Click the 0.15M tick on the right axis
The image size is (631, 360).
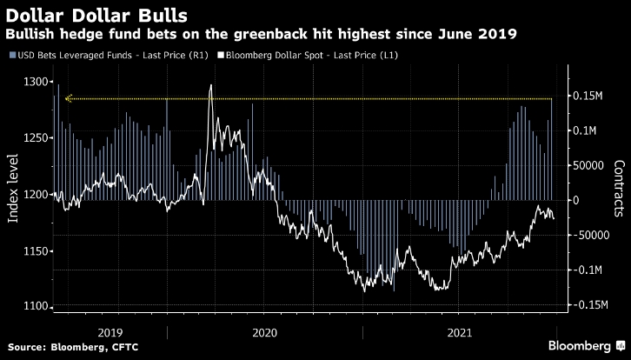pyautogui.click(x=593, y=95)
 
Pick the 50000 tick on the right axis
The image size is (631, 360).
pyautogui.click(x=591, y=165)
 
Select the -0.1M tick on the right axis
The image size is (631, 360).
pyautogui.click(x=592, y=270)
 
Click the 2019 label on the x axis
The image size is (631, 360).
pyautogui.click(x=110, y=332)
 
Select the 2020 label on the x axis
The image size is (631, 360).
pyautogui.click(x=264, y=332)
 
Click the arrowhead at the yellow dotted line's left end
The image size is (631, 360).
pyautogui.click(x=70, y=98)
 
